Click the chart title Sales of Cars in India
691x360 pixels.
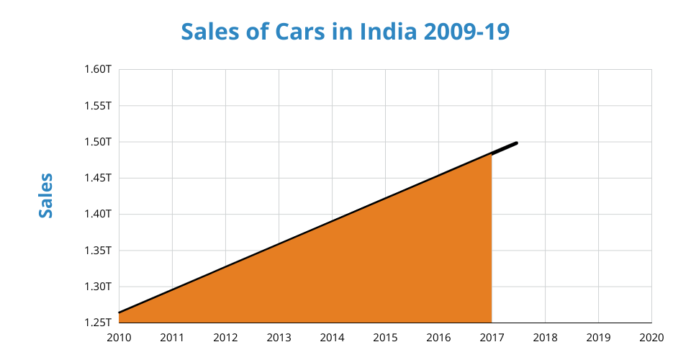click(345, 32)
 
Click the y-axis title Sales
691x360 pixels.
click(45, 195)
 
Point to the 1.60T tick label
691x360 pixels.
click(98, 69)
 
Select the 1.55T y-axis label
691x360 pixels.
click(98, 105)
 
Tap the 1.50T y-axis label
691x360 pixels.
click(98, 141)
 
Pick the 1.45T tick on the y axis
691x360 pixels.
click(98, 178)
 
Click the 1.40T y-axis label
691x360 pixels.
click(98, 214)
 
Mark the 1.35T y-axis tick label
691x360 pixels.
click(98, 251)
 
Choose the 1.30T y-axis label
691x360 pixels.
click(98, 287)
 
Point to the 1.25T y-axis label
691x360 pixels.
click(98, 323)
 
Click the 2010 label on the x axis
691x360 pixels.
click(119, 336)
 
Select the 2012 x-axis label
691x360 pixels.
click(225, 336)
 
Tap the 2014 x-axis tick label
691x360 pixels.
click(332, 336)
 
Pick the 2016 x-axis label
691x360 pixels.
click(438, 336)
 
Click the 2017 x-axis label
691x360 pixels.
click(492, 336)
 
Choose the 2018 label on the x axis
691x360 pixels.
click(545, 336)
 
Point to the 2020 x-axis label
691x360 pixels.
click(651, 336)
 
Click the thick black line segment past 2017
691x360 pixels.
click(505, 148)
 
